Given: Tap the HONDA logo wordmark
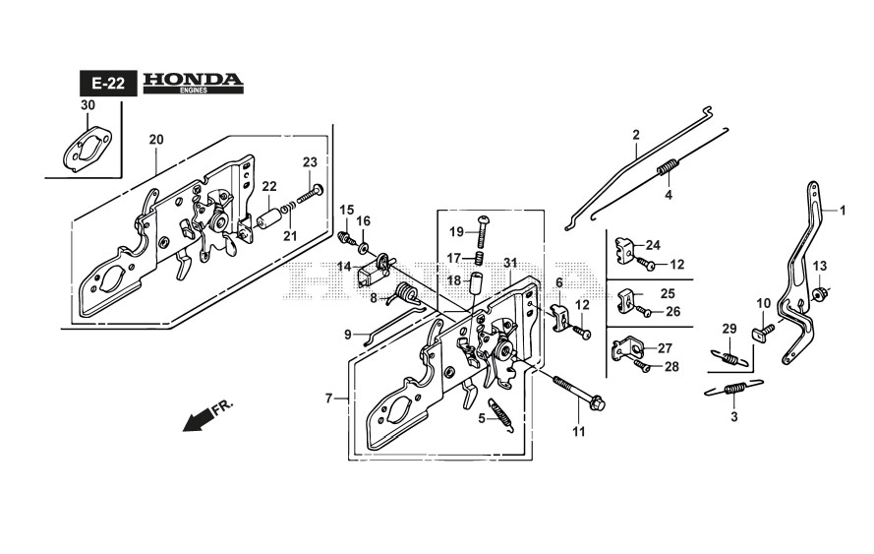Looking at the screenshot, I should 192,80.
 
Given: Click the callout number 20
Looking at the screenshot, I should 155,140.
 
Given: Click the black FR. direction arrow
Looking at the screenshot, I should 201,418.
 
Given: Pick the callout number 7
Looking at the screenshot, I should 329,399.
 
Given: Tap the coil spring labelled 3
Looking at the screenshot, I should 732,391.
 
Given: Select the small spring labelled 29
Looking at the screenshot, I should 728,358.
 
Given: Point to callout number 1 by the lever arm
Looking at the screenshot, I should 842,210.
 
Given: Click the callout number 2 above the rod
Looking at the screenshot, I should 636,134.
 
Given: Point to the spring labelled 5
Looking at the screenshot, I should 500,414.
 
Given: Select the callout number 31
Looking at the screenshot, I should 509,262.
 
